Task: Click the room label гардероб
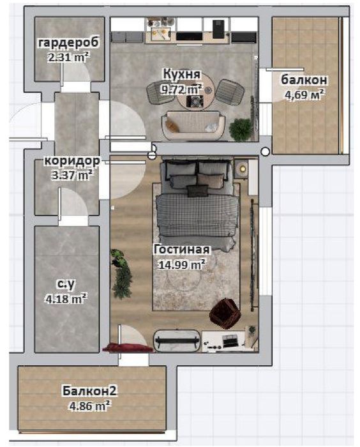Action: point(69,43)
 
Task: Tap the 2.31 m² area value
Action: point(69,57)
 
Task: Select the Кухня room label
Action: point(181,75)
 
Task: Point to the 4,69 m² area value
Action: point(304,95)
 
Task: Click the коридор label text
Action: point(72,161)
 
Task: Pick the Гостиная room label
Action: point(181,250)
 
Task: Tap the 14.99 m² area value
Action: point(182,264)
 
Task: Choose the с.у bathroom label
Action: point(66,284)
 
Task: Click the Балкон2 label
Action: point(89,391)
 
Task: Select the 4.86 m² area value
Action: point(90,405)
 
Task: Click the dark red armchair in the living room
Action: point(225,313)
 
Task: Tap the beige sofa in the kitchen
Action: point(193,125)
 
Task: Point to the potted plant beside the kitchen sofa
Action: point(241,130)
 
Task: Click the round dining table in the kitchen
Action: point(195,91)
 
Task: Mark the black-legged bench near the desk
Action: point(176,340)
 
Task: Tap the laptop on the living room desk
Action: point(230,341)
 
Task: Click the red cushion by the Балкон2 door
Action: point(128,347)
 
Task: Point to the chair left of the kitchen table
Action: point(160,92)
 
